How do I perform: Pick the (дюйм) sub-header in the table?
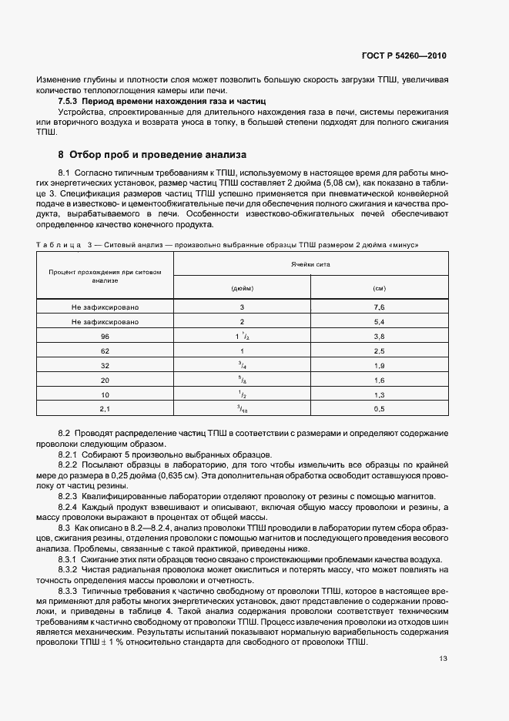click(x=242, y=287)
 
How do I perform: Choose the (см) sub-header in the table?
click(x=378, y=287)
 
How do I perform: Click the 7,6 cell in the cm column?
click(x=378, y=307)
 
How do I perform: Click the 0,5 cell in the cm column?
click(x=378, y=409)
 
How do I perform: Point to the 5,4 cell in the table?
click(x=378, y=322)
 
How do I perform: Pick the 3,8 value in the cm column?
click(x=378, y=337)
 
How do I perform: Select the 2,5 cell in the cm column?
click(x=378, y=351)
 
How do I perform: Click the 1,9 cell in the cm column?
click(x=378, y=366)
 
